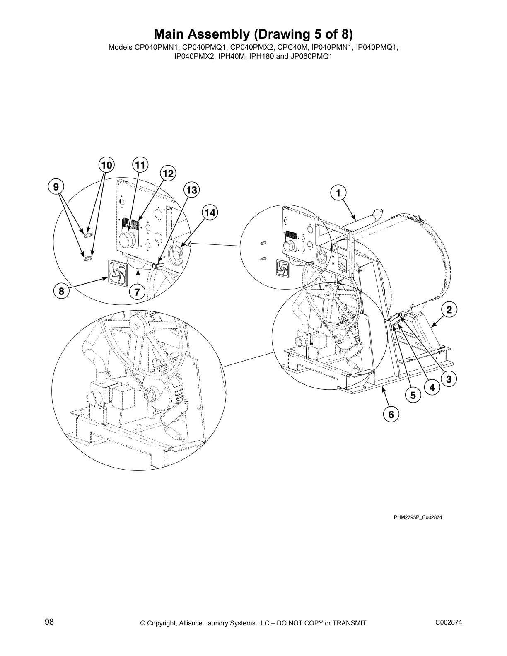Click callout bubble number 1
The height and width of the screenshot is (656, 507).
pyautogui.click(x=338, y=193)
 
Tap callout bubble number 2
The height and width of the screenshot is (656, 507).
pyautogui.click(x=449, y=309)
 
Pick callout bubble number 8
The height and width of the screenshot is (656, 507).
pyautogui.click(x=61, y=291)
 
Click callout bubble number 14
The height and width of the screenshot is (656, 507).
pyautogui.click(x=210, y=213)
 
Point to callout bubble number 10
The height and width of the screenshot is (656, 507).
pyautogui.click(x=106, y=165)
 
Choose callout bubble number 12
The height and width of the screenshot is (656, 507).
pyautogui.click(x=168, y=174)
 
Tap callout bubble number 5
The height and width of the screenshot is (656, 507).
pyautogui.click(x=413, y=396)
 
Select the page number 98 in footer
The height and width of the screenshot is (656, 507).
pyautogui.click(x=49, y=622)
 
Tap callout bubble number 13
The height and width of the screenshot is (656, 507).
pyautogui.click(x=191, y=190)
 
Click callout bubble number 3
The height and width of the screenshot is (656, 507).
pyautogui.click(x=448, y=378)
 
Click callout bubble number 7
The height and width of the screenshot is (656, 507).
pyautogui.click(x=137, y=292)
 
